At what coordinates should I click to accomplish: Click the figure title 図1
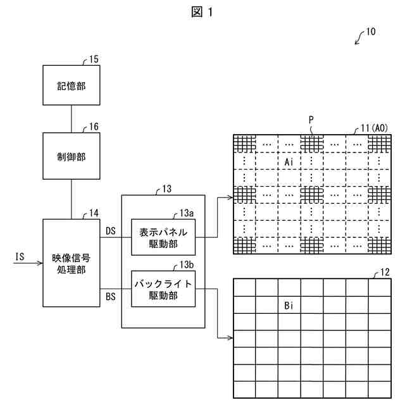pyautogui.click(x=202, y=12)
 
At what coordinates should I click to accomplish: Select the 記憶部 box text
pyautogui.click(x=72, y=86)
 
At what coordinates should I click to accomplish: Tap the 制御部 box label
pyautogui.click(x=72, y=157)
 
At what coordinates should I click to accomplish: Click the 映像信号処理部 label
pyautogui.click(x=72, y=264)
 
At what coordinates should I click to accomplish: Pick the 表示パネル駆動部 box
pyautogui.click(x=163, y=237)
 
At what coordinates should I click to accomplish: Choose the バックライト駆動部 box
pyautogui.click(x=163, y=289)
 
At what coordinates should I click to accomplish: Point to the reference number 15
pyautogui.click(x=94, y=59)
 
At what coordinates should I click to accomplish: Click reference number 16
pyautogui.click(x=94, y=127)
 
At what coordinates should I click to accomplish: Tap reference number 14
pyautogui.click(x=94, y=213)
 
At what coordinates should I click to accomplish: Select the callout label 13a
pyautogui.click(x=187, y=213)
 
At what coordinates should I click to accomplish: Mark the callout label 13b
pyautogui.click(x=187, y=265)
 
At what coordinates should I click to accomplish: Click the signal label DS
pyautogui.click(x=111, y=231)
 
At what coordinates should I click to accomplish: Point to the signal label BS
pyautogui.click(x=111, y=297)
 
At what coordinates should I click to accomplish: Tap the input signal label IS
pyautogui.click(x=20, y=257)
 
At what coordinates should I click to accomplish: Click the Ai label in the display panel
pyautogui.click(x=289, y=162)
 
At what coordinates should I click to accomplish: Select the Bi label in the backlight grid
pyautogui.click(x=289, y=306)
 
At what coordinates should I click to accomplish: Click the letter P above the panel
pyautogui.click(x=311, y=120)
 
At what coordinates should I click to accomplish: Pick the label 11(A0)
pyautogui.click(x=375, y=128)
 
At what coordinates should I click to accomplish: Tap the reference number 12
pyautogui.click(x=385, y=272)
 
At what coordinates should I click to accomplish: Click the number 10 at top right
pyautogui.click(x=371, y=32)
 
